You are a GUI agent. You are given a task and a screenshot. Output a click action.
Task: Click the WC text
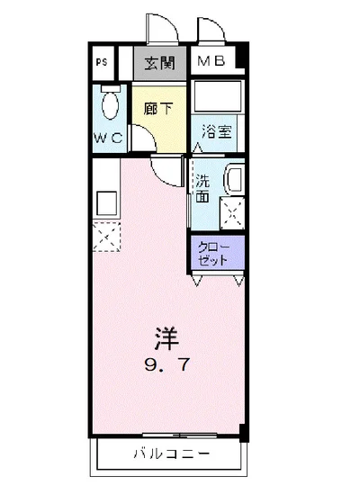110,139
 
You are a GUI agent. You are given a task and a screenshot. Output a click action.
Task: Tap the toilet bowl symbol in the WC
110,105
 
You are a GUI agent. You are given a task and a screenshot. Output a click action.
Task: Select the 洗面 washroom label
203,187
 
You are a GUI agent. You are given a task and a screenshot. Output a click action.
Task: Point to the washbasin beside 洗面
234,180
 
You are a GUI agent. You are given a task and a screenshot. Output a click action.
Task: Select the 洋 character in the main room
166,340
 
